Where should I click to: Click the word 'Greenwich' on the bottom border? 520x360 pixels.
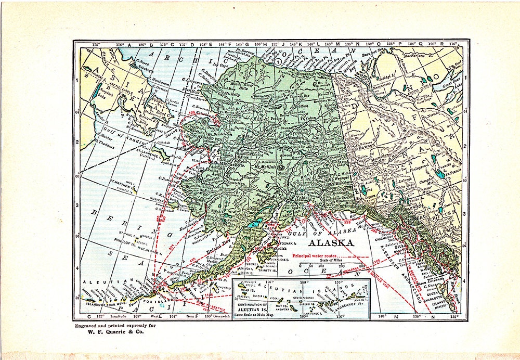click(218, 316)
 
